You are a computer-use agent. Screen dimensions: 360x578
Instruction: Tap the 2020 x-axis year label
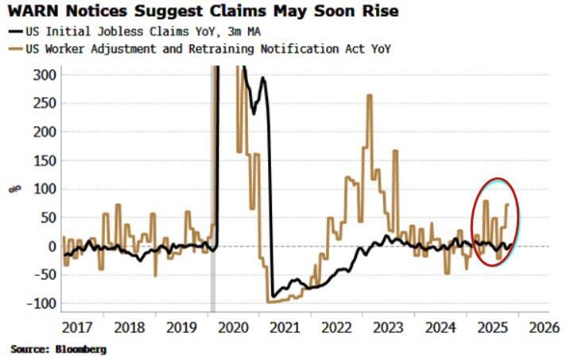pos(233,327)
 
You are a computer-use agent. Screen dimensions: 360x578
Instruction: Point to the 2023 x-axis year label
pos(386,327)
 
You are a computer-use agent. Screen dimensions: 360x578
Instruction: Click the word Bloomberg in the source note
pos(79,348)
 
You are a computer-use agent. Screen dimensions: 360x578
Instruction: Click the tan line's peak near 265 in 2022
pos(370,96)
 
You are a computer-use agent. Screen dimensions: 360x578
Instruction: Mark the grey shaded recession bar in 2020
pos(213,191)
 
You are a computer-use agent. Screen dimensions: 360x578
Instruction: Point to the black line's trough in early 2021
pos(273,296)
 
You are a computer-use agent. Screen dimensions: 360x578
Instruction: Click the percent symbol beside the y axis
pos(13,188)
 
